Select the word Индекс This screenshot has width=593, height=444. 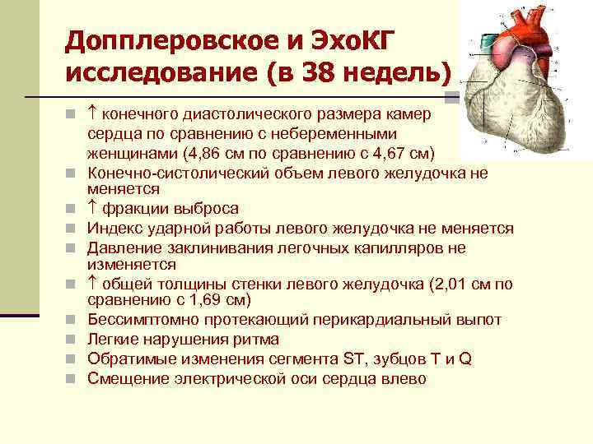[x=112, y=228]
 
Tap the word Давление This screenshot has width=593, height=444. [x=121, y=247]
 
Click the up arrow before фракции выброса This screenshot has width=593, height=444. [x=92, y=208]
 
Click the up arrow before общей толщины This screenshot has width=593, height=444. [x=92, y=284]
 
